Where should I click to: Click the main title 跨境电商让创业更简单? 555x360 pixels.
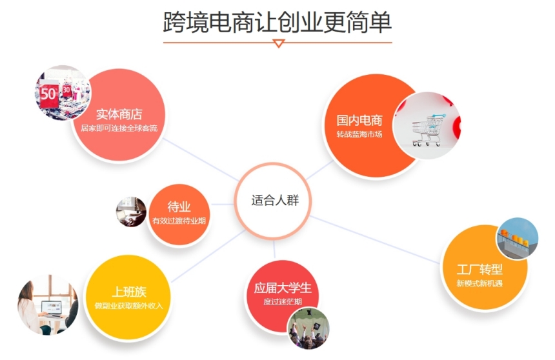coord(277,22)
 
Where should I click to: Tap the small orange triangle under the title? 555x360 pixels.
coord(279,43)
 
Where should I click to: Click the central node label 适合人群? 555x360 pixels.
coord(275,201)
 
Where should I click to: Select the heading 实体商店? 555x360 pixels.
coord(119,114)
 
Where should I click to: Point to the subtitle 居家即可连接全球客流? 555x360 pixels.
coord(119,128)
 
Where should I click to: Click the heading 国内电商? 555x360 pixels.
coord(359,121)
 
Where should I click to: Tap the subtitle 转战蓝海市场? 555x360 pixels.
coord(359,134)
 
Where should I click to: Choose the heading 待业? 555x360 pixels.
coord(179,206)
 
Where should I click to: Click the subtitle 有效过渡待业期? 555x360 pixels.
coord(179,221)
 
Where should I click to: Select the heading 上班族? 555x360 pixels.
coord(129,292)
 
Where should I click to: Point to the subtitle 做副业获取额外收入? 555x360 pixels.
coord(129,306)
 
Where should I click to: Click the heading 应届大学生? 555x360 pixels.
coord(283,288)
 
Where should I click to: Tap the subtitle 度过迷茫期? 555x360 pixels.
coord(283,301)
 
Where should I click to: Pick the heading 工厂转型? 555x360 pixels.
coord(479,270)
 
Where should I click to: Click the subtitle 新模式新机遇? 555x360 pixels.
coord(479,283)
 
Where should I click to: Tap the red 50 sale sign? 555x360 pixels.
coord(49,94)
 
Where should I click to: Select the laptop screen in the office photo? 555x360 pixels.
coord(52,307)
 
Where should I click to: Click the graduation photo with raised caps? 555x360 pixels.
coord(308,328)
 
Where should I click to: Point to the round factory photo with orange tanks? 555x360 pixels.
coord(517,238)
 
